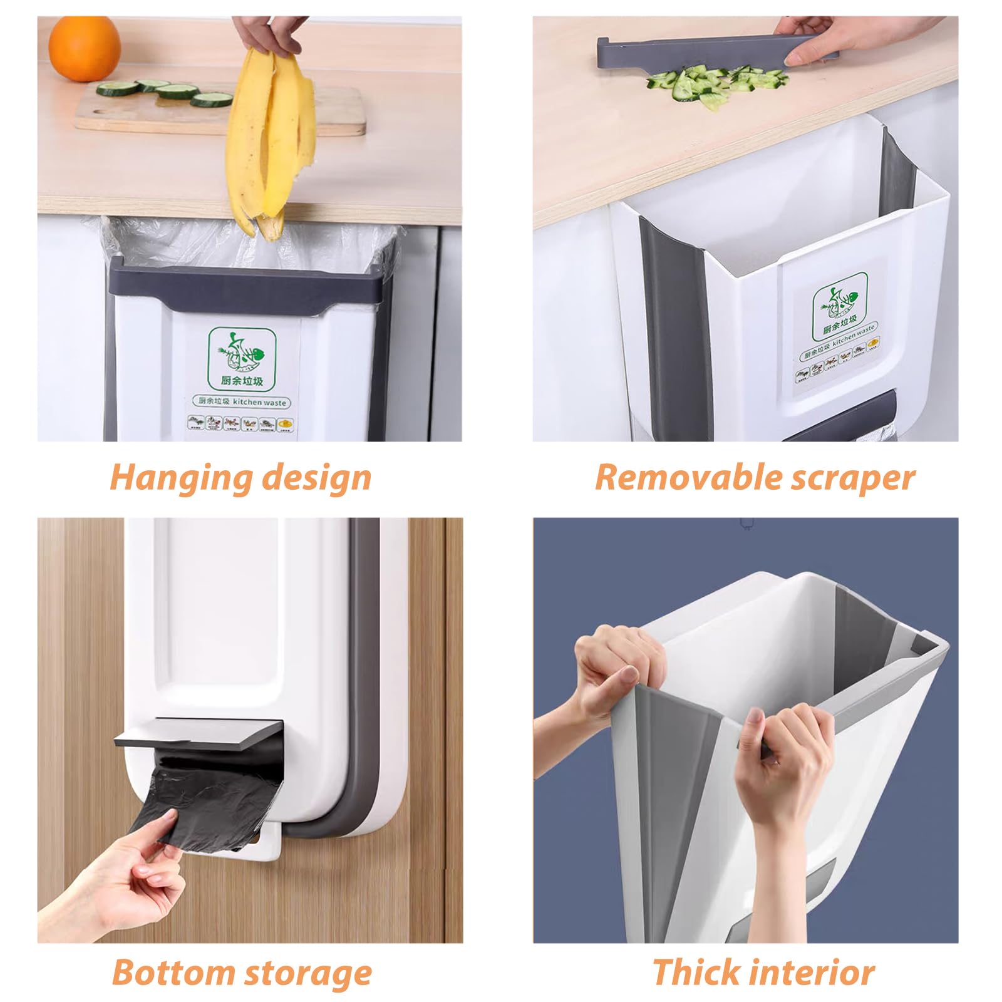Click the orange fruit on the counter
coord(84,48)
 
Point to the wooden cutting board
coord(219,113)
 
